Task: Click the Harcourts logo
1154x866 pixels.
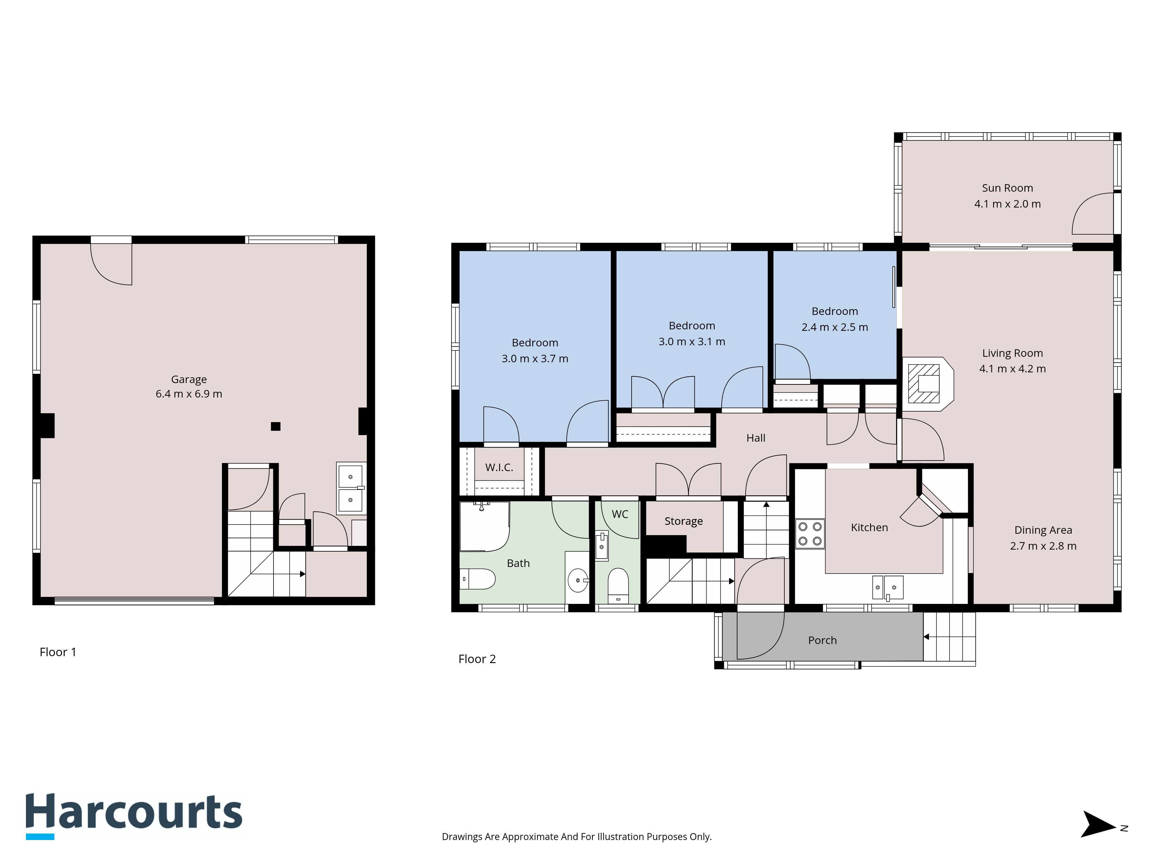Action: tap(134, 816)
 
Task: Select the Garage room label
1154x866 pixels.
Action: tap(189, 380)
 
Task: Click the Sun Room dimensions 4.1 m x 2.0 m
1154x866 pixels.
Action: tap(1007, 204)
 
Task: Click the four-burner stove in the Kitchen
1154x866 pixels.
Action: tap(810, 533)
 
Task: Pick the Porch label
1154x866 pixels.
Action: tap(822, 641)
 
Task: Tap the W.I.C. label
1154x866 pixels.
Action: tap(499, 468)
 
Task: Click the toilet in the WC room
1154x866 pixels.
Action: tap(618, 586)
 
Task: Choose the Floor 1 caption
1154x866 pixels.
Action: tap(58, 652)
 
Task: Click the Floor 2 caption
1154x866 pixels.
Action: tap(477, 659)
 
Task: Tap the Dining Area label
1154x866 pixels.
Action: tap(1043, 530)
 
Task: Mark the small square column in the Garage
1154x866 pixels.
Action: tap(276, 426)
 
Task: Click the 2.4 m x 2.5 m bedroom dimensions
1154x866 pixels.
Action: tap(835, 327)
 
